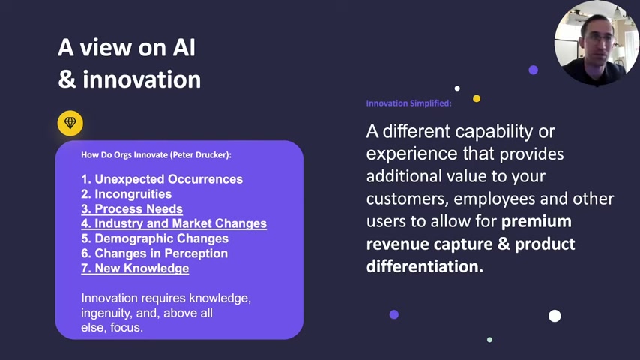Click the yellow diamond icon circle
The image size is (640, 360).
point(70,123)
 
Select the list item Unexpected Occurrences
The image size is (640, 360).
point(162,179)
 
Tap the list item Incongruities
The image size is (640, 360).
point(126,194)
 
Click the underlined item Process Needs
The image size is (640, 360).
point(132,208)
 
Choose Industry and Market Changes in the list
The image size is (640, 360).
point(174,223)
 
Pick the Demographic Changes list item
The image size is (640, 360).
point(154,238)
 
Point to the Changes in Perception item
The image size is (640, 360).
point(154,253)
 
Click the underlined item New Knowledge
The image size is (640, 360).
point(135,268)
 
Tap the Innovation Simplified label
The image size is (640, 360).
point(408,103)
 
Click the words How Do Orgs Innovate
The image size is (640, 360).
point(124,154)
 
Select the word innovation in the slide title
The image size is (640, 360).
point(142,79)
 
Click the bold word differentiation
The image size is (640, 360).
point(424,266)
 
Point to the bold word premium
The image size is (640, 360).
point(537,221)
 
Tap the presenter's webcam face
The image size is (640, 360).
point(597,40)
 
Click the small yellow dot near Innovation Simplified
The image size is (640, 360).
point(477,98)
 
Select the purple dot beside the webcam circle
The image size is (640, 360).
point(533,70)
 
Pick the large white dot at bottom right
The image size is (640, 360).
point(555,316)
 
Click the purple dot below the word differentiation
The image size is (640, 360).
point(394,314)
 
